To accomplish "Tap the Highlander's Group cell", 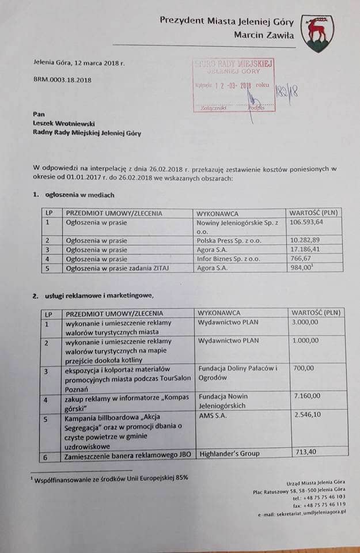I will (229, 453).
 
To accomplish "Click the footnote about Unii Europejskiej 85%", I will (111, 478).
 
